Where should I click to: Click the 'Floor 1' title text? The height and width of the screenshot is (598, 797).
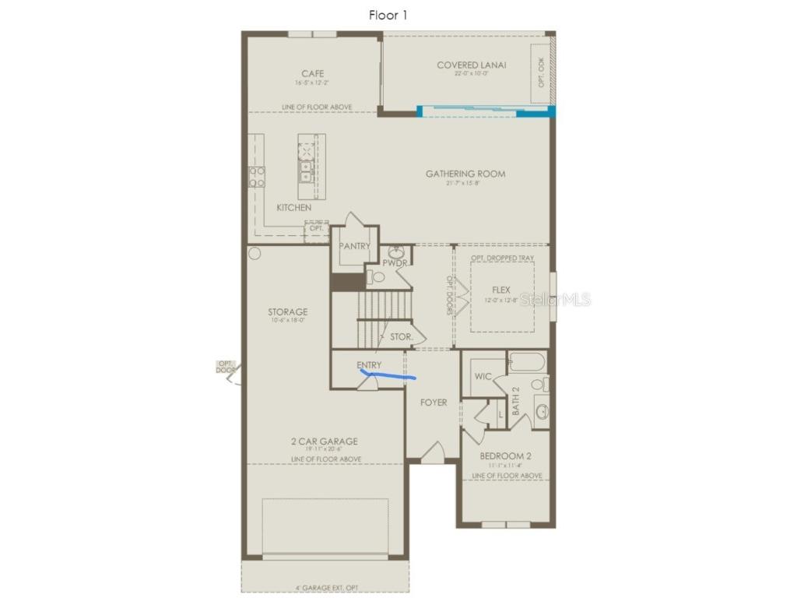click(x=387, y=15)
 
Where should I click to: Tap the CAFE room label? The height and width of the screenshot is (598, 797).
click(x=313, y=74)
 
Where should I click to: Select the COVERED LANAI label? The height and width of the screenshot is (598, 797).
click(x=471, y=65)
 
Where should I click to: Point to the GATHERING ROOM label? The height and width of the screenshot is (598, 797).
click(x=465, y=174)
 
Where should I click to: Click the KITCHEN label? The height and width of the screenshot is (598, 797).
click(x=293, y=208)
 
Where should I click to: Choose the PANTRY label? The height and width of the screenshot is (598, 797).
click(x=354, y=247)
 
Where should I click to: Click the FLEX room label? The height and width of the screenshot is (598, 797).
click(x=500, y=290)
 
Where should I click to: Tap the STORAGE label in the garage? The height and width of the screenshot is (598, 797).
click(x=287, y=312)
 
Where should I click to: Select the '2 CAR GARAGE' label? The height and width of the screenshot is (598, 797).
click(x=325, y=441)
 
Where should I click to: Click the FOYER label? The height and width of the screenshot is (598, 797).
click(x=434, y=403)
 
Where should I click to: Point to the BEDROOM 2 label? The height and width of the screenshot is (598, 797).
click(x=505, y=456)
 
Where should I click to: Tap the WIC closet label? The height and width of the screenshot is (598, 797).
click(x=483, y=377)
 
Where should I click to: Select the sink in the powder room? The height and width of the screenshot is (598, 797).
click(x=396, y=252)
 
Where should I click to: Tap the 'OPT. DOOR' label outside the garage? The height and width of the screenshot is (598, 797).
click(x=225, y=367)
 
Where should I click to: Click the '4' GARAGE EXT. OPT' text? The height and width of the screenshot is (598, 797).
click(x=325, y=588)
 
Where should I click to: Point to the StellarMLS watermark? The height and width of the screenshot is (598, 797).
click(x=555, y=299)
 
